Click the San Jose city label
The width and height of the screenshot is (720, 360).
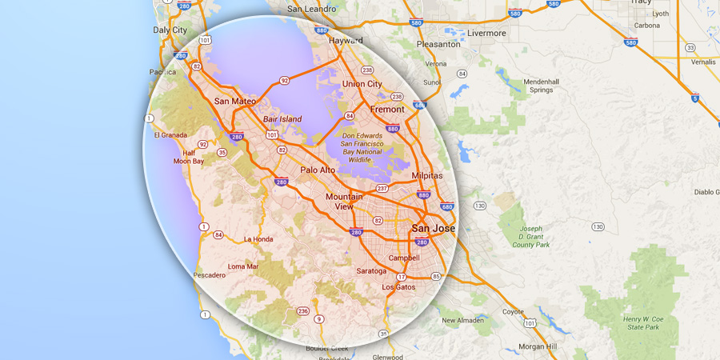[433, 228]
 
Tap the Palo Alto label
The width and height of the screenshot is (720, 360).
[318, 170]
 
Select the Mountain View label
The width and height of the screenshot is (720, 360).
[344, 202]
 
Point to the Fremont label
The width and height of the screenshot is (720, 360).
[388, 109]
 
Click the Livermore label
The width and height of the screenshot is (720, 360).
[487, 34]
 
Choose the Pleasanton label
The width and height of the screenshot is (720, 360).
[438, 45]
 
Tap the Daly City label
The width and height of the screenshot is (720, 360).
[170, 30]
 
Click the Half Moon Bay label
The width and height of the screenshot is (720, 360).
[189, 157]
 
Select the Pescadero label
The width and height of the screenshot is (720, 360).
[209, 275]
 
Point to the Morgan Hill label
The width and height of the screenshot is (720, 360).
[537, 346]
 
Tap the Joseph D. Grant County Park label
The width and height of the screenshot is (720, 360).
[531, 237]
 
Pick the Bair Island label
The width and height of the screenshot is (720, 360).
[283, 119]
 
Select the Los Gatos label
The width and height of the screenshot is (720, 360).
[398, 286]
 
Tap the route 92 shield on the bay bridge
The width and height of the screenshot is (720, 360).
[283, 81]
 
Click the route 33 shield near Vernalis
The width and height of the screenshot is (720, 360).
[690, 48]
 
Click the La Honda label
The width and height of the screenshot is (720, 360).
[258, 239]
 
